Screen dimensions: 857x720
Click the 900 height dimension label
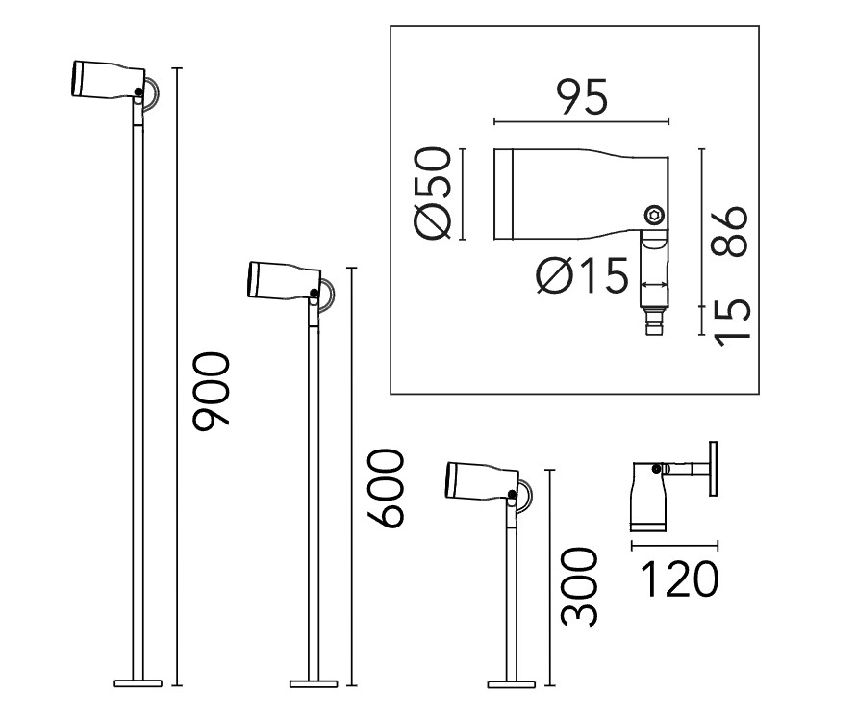(211, 391)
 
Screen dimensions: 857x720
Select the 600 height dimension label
(386, 488)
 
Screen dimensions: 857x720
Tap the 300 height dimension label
(579, 587)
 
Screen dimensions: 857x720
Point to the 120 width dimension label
(679, 579)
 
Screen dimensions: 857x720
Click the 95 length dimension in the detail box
(582, 97)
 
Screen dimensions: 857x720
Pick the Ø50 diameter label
(434, 193)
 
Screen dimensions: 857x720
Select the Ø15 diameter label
(582, 275)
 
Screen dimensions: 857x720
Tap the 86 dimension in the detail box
(728, 231)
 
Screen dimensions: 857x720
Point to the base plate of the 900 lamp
(139, 683)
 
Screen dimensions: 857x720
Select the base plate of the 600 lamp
(314, 683)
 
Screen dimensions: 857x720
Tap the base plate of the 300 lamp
(511, 683)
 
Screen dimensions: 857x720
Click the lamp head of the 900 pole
(109, 81)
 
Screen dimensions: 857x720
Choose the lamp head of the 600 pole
(284, 282)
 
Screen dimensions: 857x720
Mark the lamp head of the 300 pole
(482, 481)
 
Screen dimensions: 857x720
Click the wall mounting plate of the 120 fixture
(713, 469)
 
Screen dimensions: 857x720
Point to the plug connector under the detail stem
(654, 321)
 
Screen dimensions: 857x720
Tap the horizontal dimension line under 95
(582, 122)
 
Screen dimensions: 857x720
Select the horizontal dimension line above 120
(674, 546)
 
